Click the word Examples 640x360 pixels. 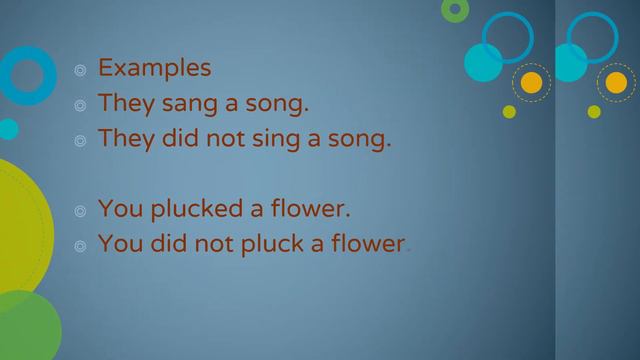point(154,68)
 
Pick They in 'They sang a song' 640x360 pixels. point(122,103)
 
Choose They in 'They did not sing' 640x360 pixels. point(122,138)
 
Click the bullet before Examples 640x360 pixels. point(80,70)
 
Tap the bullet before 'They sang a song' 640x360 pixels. point(80,105)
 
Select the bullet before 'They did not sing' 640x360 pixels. point(80,140)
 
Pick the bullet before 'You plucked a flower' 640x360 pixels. point(80,211)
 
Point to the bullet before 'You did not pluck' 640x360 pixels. point(80,245)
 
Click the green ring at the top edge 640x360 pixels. point(455,9)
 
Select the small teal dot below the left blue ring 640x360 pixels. point(8,129)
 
